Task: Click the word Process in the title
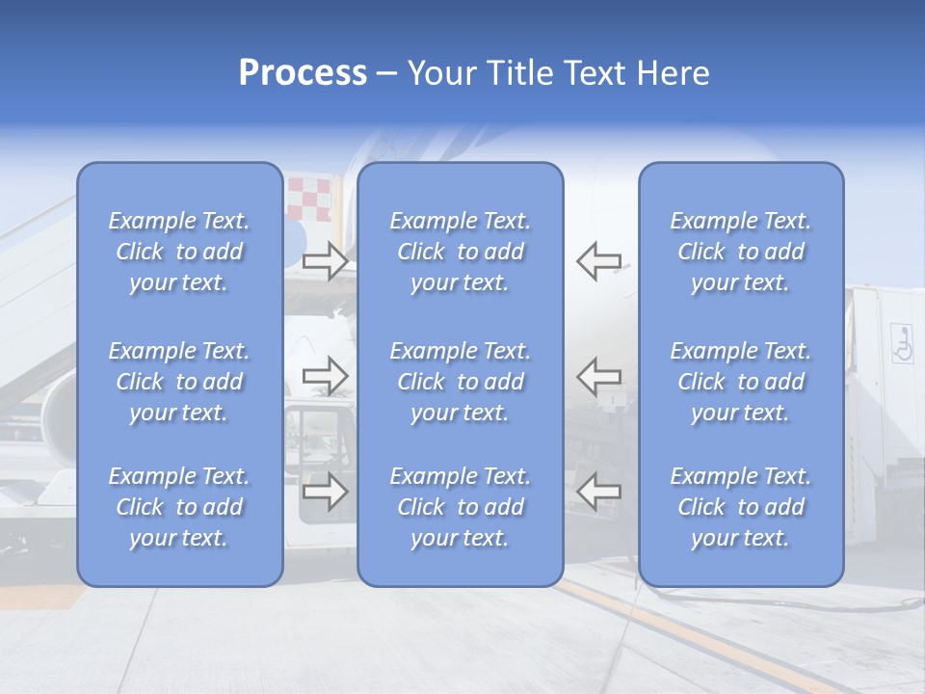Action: point(303,73)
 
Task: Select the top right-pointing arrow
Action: point(325,261)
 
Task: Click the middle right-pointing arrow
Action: point(325,375)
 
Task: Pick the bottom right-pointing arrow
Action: point(325,492)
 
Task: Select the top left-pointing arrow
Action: point(598,261)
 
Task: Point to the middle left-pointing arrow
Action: point(598,375)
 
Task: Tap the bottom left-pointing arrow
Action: point(598,492)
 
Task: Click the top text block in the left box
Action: point(179,252)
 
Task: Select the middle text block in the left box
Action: point(179,382)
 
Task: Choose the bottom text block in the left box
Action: point(179,507)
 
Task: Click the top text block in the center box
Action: point(461,252)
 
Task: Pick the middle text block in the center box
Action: point(461,382)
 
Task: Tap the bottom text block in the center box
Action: point(461,507)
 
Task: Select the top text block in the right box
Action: point(741,252)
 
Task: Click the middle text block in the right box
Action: point(741,382)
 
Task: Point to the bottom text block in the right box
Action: point(741,507)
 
